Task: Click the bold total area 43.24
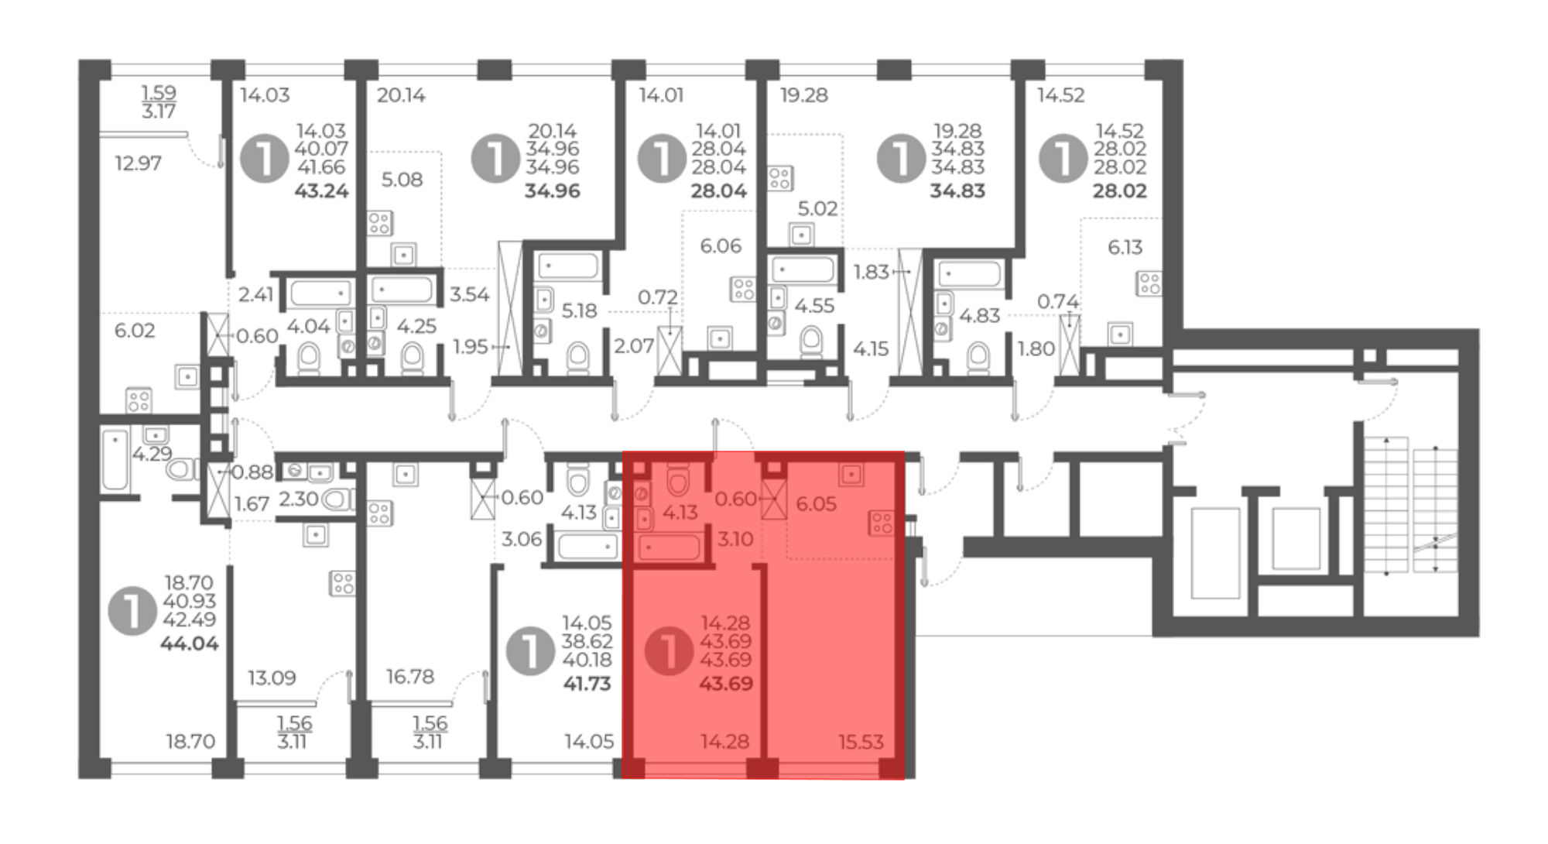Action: pyautogui.click(x=321, y=190)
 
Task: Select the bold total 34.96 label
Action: pyautogui.click(x=552, y=190)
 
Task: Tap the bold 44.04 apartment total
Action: pyautogui.click(x=190, y=643)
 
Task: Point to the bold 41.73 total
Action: pyautogui.click(x=587, y=684)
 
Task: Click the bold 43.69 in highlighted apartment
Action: pyautogui.click(x=726, y=684)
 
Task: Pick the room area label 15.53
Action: pyautogui.click(x=861, y=742)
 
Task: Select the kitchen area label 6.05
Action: pyautogui.click(x=817, y=504)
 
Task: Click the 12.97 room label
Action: pyautogui.click(x=138, y=163)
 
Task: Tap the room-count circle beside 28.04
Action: pyautogui.click(x=662, y=158)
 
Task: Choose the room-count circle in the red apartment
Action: pyautogui.click(x=669, y=650)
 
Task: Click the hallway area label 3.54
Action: pyautogui.click(x=469, y=294)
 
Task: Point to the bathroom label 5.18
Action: pyautogui.click(x=579, y=310)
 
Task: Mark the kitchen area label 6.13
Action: pyautogui.click(x=1125, y=247)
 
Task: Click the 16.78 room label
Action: pyautogui.click(x=410, y=677)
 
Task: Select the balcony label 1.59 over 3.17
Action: pyautogui.click(x=159, y=102)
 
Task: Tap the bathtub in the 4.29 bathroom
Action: pyautogui.click(x=115, y=460)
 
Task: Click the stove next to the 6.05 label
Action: pyautogui.click(x=882, y=523)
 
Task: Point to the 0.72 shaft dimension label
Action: pyautogui.click(x=658, y=297)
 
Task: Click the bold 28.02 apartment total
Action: pyautogui.click(x=1120, y=190)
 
